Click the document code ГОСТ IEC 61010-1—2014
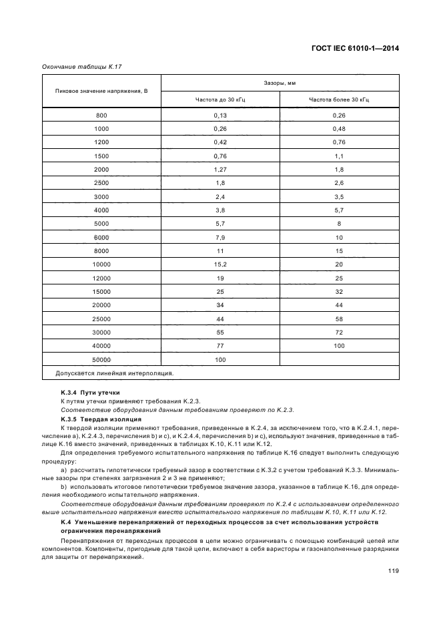point(351,48)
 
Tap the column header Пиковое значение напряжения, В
point(101,91)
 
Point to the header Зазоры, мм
point(280,83)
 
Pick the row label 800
point(101,116)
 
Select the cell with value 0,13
point(220,116)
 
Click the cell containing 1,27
point(220,170)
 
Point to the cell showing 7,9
point(220,237)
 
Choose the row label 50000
point(101,359)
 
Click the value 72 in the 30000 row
point(339,332)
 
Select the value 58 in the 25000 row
point(339,319)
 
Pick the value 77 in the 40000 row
point(220,346)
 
